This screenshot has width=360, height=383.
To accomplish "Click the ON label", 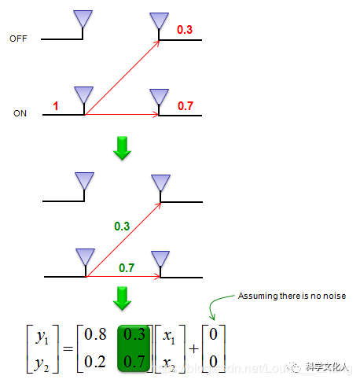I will click(x=20, y=113).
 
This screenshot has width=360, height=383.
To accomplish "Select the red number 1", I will click(x=56, y=105).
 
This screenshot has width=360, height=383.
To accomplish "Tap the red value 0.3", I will click(x=186, y=30).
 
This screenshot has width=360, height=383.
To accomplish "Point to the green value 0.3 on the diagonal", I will click(x=122, y=226).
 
